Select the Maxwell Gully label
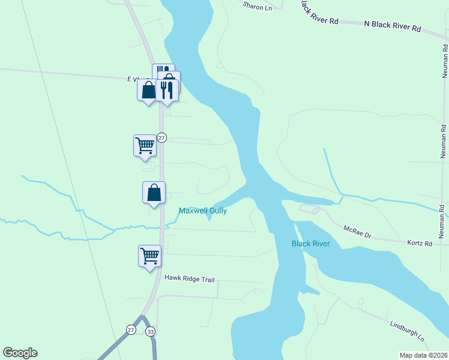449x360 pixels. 202,211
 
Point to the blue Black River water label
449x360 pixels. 311,244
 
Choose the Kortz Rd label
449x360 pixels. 420,244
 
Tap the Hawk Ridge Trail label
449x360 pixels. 189,278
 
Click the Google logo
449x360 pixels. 20,353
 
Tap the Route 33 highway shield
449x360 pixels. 150,331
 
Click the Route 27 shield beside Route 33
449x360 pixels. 131,329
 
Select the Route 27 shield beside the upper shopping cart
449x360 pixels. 161,138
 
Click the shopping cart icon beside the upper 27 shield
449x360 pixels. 144,145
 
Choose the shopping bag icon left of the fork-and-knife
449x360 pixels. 148,90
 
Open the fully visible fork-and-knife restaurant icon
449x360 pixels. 167,90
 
